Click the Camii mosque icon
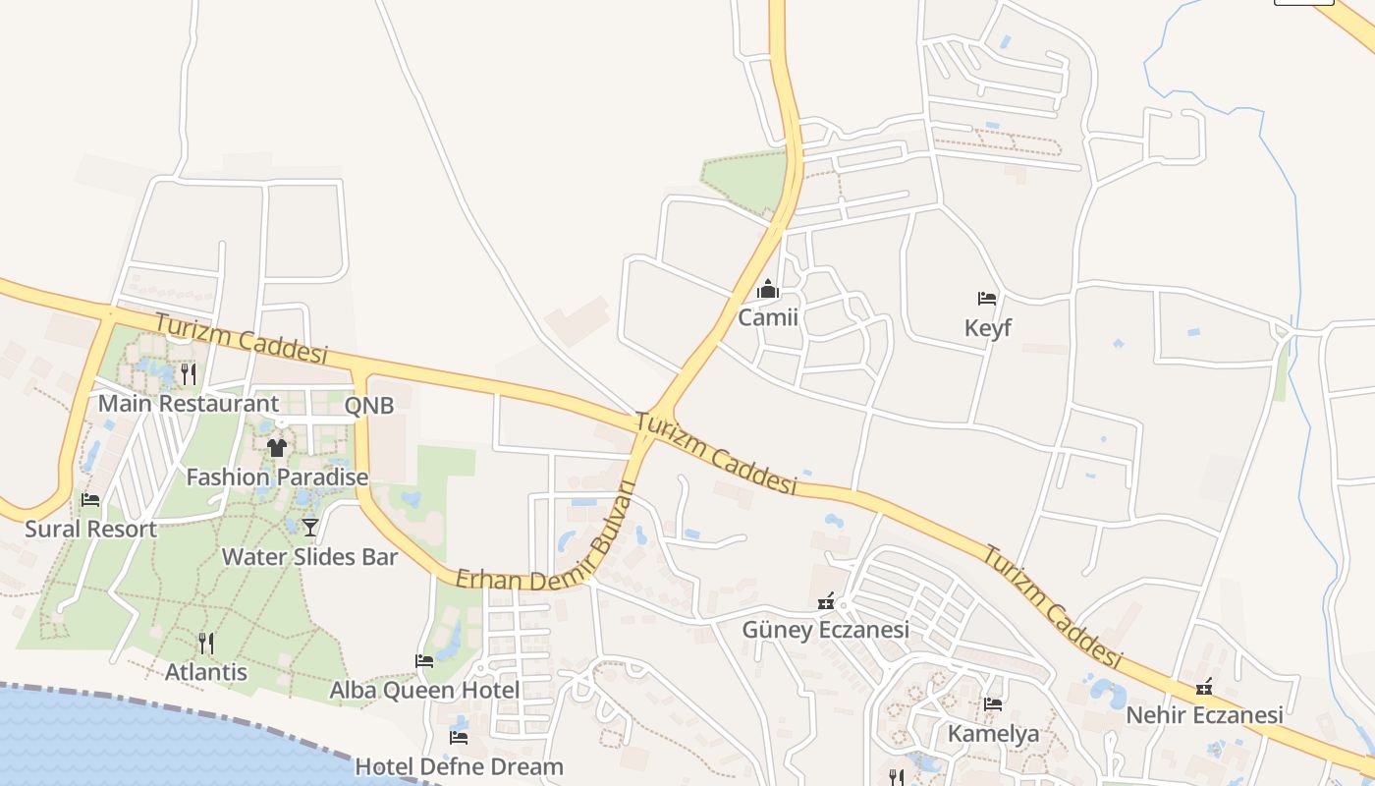[768, 290]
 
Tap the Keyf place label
[987, 327]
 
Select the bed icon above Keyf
[987, 299]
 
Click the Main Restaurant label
[189, 403]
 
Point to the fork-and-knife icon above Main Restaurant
[189, 373]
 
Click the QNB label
[369, 405]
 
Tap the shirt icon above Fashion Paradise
[277, 448]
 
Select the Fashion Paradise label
[277, 477]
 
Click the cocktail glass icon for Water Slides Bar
[310, 528]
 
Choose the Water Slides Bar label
[309, 557]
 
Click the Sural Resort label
[90, 529]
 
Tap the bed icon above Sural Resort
[90, 500]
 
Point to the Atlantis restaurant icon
[206, 644]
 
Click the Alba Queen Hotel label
[424, 690]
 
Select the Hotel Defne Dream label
[459, 766]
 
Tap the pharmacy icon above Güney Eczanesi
[826, 601]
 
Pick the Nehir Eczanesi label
[1204, 714]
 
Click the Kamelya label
[993, 733]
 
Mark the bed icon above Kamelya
[993, 704]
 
